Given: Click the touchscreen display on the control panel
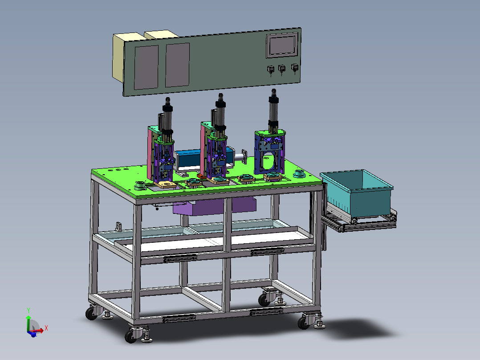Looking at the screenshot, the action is [282, 45].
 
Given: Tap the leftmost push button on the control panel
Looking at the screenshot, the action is [271, 70].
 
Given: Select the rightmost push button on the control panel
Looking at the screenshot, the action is [294, 68].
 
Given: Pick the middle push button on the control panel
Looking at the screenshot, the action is [281, 69].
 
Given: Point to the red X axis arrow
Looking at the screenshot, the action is [39, 331].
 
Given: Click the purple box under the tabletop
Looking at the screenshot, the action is [214, 206].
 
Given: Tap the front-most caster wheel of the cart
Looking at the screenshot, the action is [131, 336].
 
